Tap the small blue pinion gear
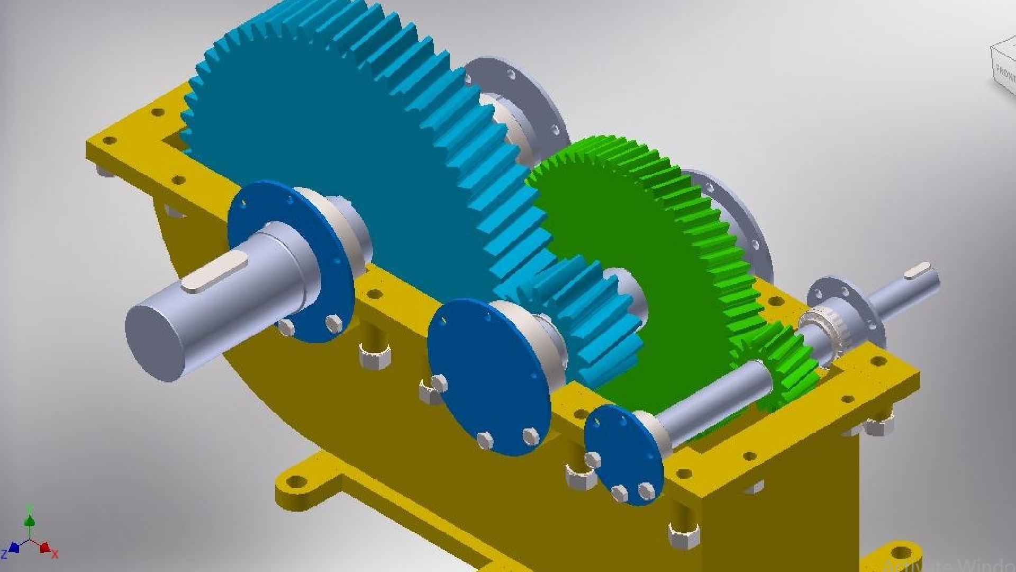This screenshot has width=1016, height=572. coord(593,318)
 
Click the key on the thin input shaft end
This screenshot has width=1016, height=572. coord(918,271)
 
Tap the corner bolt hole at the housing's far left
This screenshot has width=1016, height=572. coord(108,140)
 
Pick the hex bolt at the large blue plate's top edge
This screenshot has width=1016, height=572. coord(439,383)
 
